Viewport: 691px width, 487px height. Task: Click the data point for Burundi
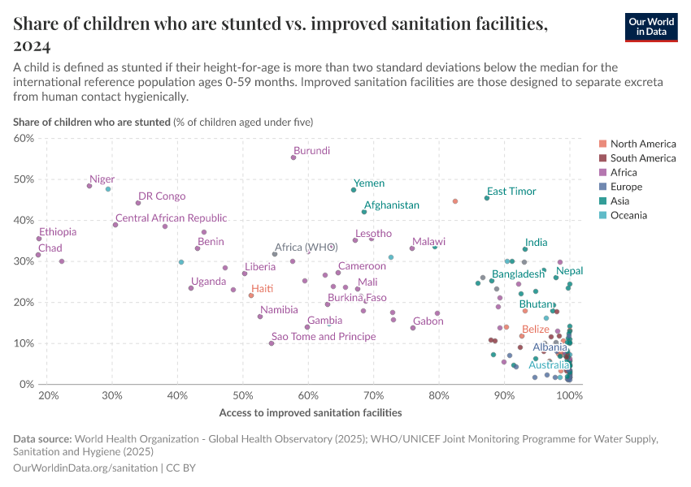293,157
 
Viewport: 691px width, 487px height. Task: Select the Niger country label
102,179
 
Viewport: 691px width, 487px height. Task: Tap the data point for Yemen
354,190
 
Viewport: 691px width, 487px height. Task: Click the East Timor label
511,192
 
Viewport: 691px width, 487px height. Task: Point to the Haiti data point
251,295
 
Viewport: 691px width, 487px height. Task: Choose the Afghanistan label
392,205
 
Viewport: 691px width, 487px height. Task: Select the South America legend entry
642,158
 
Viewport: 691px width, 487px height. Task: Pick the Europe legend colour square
602,187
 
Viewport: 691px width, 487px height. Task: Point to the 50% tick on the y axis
24,179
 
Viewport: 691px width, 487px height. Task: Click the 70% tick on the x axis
373,395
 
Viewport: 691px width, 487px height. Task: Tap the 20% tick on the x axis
48,395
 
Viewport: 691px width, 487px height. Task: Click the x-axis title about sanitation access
311,412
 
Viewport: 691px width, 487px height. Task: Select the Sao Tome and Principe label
324,336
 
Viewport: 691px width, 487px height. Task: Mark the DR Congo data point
138,203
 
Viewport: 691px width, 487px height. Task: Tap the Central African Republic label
172,218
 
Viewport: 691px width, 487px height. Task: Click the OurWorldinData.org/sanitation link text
86,468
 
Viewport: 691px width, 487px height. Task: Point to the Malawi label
428,242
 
